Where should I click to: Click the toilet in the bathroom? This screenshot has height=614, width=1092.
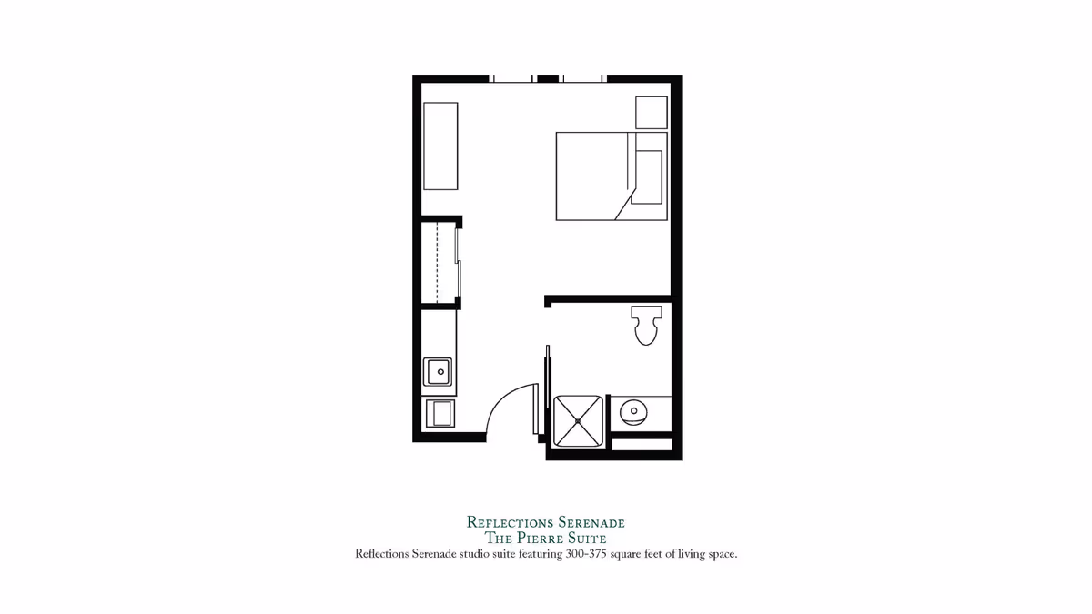pos(646,326)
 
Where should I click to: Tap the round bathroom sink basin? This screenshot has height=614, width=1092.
pos(633,412)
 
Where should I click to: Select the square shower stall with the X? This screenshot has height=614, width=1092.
pos(578,420)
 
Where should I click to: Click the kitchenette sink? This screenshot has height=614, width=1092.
pos(438,372)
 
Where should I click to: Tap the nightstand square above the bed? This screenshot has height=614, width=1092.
pos(651,112)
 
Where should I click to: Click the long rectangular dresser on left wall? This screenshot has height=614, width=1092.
pos(440,146)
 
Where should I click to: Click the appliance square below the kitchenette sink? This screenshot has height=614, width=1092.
pos(440,413)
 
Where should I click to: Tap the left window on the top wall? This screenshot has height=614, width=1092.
pos(513,79)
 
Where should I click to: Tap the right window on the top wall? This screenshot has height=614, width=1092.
pos(582,79)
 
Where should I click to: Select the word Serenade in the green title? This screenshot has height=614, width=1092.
pos(590,522)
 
